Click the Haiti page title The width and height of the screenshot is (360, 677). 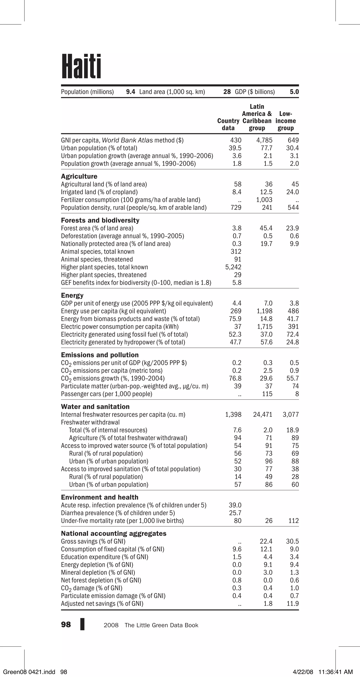coord(81,66)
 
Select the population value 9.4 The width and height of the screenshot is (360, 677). coord(130,92)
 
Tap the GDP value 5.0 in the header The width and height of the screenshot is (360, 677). coord(294,92)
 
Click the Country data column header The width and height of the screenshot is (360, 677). coord(228,124)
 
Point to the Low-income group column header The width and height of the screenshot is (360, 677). coord(286,121)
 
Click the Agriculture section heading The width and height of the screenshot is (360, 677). coord(79,176)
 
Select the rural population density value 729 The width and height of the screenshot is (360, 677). coord(236,208)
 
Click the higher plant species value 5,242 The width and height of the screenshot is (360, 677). coord(233,267)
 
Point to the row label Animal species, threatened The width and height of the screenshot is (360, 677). coord(97,259)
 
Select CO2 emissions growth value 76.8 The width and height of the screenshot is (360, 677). coord(235,378)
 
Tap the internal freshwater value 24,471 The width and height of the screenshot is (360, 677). coord(262,415)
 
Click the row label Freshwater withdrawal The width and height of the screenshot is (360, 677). coord(90,422)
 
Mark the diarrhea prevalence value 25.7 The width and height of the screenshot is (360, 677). coord(235,513)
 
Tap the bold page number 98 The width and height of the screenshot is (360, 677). coord(66,625)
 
